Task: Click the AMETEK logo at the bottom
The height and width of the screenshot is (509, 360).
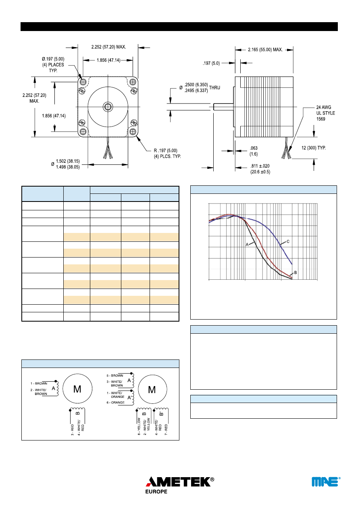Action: click(179, 481)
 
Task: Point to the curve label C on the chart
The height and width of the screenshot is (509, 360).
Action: click(288, 242)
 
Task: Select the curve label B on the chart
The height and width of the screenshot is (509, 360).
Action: click(295, 273)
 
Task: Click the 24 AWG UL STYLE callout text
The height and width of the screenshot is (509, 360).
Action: click(325, 113)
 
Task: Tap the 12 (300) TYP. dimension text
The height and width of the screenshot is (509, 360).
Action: click(313, 148)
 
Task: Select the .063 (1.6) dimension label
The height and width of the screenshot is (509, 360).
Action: click(254, 151)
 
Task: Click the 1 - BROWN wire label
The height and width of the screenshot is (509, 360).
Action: click(39, 383)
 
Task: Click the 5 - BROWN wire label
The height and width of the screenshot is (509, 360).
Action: click(115, 376)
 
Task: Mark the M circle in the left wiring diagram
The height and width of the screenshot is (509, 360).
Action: click(77, 389)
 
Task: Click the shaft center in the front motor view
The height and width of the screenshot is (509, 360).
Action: click(107, 106)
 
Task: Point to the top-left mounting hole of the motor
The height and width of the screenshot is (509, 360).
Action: click(83, 82)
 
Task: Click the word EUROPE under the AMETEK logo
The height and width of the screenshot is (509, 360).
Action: click(156, 492)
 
